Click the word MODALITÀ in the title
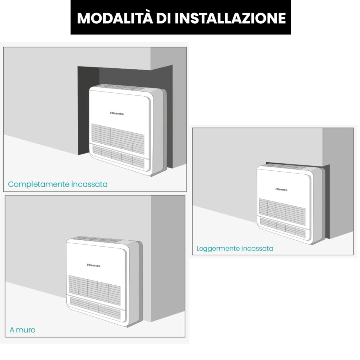pos(115,18)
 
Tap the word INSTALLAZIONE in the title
pos(230,18)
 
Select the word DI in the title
pos(164,18)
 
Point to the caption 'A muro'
pos(22,330)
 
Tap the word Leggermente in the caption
pos(218,249)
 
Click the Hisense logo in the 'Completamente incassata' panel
pos(117,113)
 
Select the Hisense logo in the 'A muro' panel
pos(94,265)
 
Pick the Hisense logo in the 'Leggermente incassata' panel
pos(281,189)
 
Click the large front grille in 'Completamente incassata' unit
pos(118,139)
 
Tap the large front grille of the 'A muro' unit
pos(94,290)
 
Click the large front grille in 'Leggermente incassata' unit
pos(282,212)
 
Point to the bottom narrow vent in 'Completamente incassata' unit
pos(118,157)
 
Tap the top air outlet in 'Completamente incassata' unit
pos(119,87)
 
